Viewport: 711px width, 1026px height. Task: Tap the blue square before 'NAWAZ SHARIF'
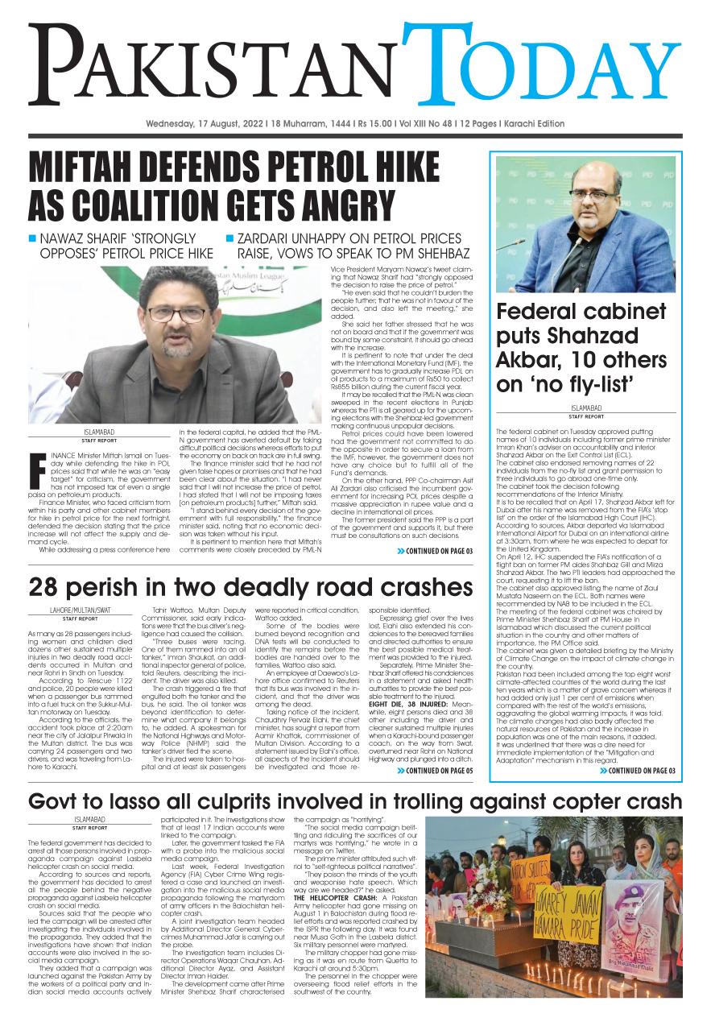(33, 239)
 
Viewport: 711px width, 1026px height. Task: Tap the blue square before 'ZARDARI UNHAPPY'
(229, 239)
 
